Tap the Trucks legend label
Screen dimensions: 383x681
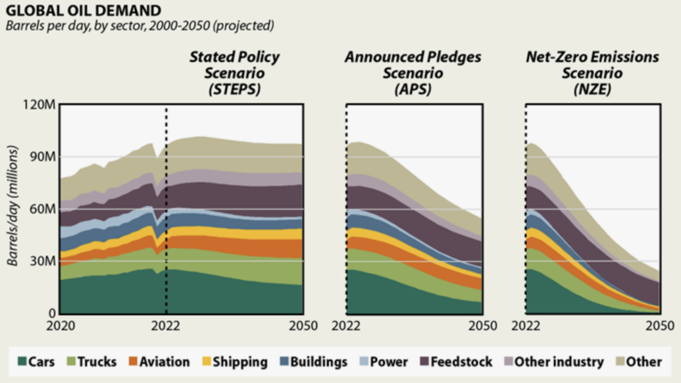[x=97, y=362]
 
